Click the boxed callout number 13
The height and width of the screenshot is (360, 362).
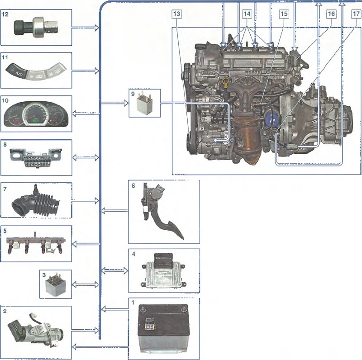(x=176, y=14)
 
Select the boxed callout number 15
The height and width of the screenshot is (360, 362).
(x=284, y=14)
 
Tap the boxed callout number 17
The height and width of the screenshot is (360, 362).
(x=356, y=14)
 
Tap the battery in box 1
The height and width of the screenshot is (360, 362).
(x=163, y=330)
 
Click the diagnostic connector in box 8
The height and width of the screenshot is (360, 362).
(x=36, y=158)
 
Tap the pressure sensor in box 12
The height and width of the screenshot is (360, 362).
(x=36, y=27)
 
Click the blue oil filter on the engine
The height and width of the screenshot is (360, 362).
(x=272, y=119)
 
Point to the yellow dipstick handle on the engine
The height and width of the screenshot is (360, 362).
(x=225, y=81)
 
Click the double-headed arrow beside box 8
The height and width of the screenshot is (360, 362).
(x=86, y=158)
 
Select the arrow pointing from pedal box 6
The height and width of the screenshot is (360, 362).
(x=114, y=210)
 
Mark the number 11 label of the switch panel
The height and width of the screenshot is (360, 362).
(x=5, y=57)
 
